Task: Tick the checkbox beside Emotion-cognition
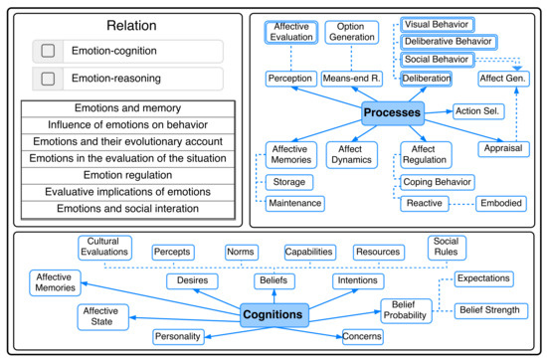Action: [44, 50]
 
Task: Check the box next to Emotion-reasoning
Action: [44, 78]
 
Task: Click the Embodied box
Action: [500, 203]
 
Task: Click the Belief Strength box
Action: [487, 310]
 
